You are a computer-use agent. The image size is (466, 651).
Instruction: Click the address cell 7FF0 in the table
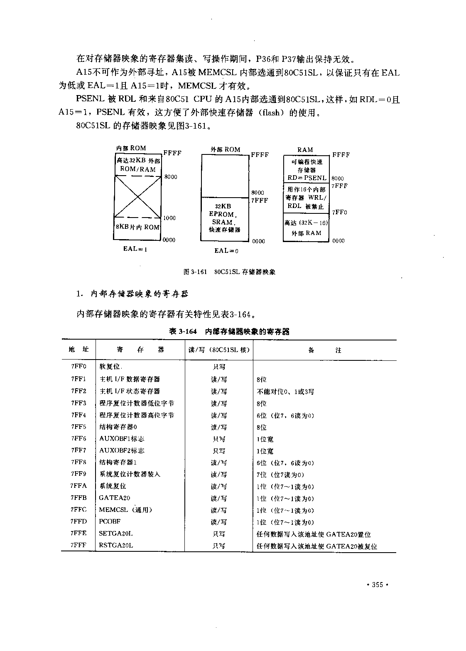coord(78,367)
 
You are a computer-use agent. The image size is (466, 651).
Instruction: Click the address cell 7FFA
coord(78,486)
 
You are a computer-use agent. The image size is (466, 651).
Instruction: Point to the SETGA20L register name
coord(116,534)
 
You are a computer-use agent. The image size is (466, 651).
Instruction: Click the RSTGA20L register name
coord(116,545)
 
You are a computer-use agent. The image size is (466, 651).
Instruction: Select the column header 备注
coord(324,350)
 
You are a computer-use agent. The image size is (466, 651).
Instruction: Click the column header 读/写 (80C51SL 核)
coord(219,350)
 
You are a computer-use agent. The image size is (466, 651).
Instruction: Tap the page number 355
coord(377,585)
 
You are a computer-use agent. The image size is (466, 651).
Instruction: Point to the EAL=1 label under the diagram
coord(135,249)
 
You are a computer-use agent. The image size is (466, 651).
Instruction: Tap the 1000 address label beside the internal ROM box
coord(169,218)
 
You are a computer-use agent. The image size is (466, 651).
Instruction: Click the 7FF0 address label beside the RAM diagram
coord(339,213)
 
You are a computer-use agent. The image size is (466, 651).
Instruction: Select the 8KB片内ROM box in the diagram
coord(137,228)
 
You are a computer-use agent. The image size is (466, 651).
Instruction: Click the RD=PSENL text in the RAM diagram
coord(307,178)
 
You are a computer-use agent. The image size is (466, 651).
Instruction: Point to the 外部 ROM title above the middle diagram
coord(226,149)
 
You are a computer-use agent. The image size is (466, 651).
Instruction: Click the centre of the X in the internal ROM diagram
coord(137,197)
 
